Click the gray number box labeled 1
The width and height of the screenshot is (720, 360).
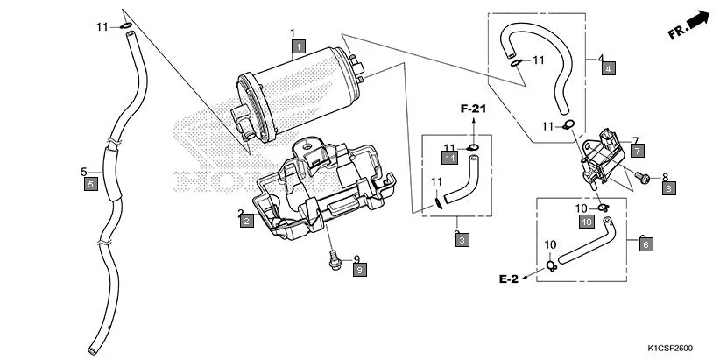(x=299, y=46)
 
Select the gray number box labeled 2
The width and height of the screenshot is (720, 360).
(x=247, y=222)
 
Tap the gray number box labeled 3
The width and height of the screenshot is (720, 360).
(x=462, y=239)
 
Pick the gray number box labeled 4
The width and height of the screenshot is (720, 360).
(x=607, y=67)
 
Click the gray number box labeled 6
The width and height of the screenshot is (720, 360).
(x=646, y=245)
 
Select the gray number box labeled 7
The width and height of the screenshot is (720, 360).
(x=637, y=151)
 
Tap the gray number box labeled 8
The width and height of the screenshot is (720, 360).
(x=668, y=187)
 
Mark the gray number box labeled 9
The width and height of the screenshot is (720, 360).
(x=360, y=270)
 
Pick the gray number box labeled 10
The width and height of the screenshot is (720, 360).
(x=587, y=222)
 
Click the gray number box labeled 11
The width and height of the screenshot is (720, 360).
(x=450, y=158)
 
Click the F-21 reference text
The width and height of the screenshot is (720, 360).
(x=473, y=108)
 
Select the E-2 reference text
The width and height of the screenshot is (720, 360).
(x=510, y=279)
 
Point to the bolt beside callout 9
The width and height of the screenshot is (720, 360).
(x=333, y=259)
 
